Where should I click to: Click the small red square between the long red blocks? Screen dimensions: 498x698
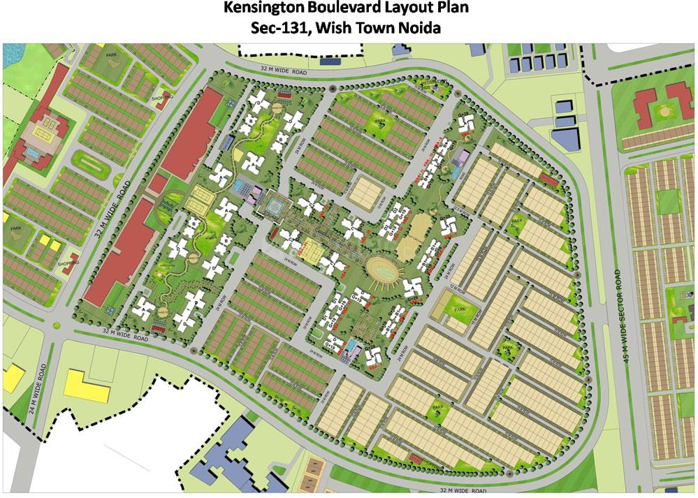pos(159,183)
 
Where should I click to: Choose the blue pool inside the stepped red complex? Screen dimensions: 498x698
pos(33,150)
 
